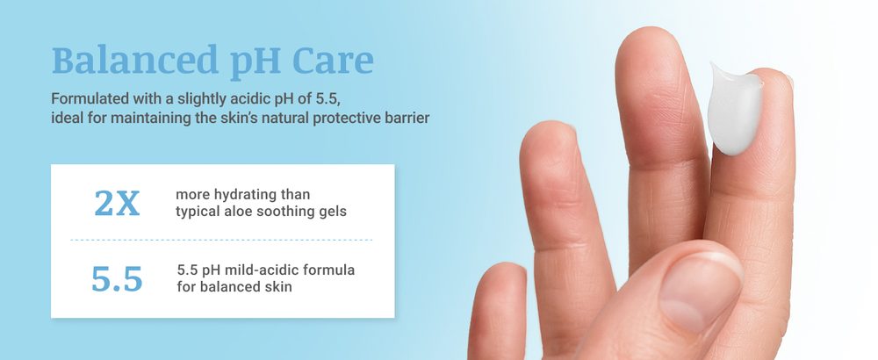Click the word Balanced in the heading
click(x=135, y=60)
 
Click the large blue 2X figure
click(x=117, y=203)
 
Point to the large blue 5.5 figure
click(x=117, y=279)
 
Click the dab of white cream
click(x=734, y=109)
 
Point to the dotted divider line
click(x=222, y=241)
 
